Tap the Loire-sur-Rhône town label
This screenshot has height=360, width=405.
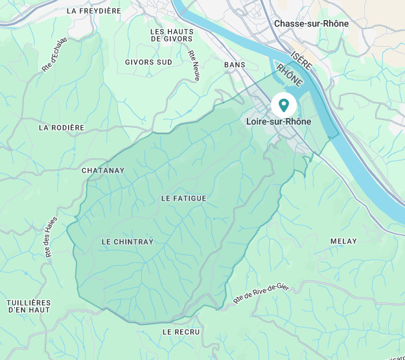(279, 121)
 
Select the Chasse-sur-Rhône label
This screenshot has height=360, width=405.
(311, 23)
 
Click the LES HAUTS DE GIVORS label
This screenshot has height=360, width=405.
(172, 35)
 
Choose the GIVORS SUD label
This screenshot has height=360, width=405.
(148, 62)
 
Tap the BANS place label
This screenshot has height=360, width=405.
(235, 65)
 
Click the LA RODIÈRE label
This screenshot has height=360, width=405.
(62, 128)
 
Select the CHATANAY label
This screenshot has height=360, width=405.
(102, 171)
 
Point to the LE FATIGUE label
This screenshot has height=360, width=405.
(183, 198)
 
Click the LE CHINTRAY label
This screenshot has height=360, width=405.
(128, 242)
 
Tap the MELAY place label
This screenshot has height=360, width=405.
(343, 241)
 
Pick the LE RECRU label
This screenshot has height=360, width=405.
(181, 331)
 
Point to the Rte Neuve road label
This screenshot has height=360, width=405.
(194, 66)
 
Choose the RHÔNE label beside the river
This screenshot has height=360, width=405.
(289, 75)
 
